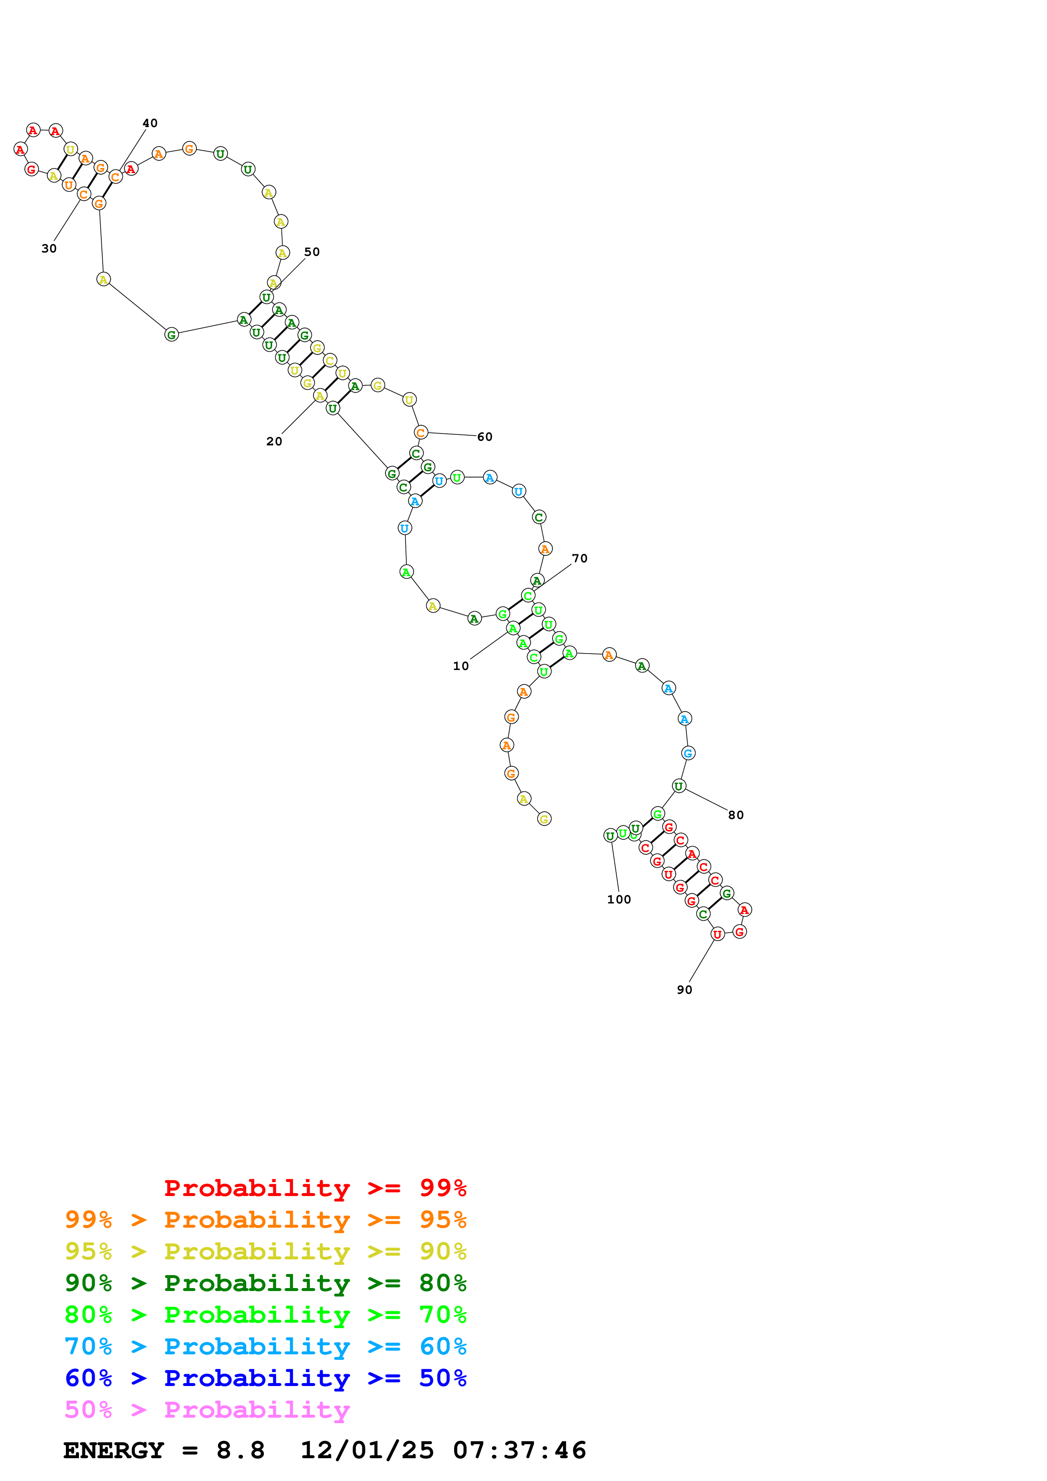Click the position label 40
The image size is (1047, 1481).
click(x=150, y=123)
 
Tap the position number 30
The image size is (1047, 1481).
click(x=49, y=248)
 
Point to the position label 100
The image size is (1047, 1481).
click(x=619, y=899)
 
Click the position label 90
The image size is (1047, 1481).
click(x=685, y=990)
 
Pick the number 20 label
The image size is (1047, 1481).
click(x=274, y=441)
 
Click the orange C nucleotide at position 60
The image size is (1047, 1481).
click(x=421, y=433)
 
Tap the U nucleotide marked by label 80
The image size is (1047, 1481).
click(x=679, y=786)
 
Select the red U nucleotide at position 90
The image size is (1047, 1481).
click(x=717, y=934)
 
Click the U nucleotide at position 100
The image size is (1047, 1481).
click(x=609, y=836)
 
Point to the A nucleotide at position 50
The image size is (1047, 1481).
click(x=274, y=282)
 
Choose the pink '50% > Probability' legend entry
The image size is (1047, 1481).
click(x=207, y=1409)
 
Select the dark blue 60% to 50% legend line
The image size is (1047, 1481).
click(x=265, y=1378)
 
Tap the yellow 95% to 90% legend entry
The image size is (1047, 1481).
click(x=265, y=1251)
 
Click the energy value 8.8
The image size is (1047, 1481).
click(x=240, y=1450)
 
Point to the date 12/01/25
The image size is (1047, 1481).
click(x=367, y=1450)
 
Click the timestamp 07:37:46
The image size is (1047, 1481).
click(x=519, y=1450)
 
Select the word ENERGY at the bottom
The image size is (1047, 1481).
click(x=114, y=1450)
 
